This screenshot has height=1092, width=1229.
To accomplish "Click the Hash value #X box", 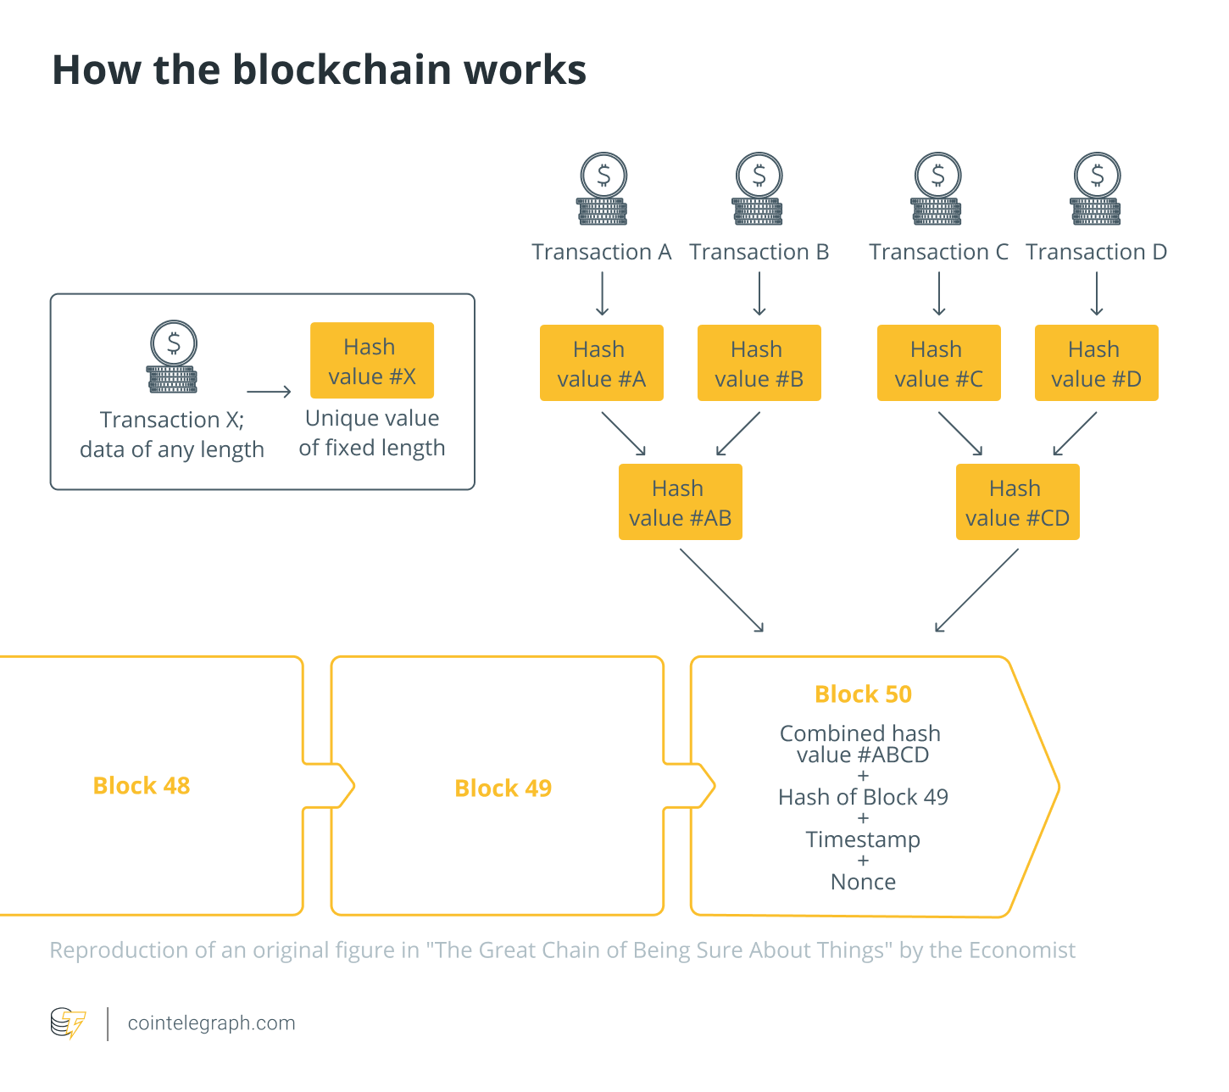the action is tap(372, 360).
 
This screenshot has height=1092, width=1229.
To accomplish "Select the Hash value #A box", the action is tap(601, 362).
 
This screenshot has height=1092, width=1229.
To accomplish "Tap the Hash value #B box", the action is tap(759, 362).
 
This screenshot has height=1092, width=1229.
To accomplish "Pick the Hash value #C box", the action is tap(938, 362).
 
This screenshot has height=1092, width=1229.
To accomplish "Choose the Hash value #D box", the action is tap(1096, 362).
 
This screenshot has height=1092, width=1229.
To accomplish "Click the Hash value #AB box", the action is tap(680, 501).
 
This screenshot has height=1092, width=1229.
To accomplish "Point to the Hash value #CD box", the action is tap(1017, 501).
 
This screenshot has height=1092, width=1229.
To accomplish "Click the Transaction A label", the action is tap(601, 251).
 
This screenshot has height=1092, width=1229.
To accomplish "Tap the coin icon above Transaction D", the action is tap(1096, 188).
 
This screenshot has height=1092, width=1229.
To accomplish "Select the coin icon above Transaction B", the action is tap(759, 188).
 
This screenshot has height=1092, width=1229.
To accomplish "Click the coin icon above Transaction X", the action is tap(173, 356).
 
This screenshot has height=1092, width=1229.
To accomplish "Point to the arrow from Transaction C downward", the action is tap(938, 293).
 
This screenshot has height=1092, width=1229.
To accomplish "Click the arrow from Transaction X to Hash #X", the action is tap(269, 392).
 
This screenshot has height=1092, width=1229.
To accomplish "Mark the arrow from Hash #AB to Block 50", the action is tap(721, 590).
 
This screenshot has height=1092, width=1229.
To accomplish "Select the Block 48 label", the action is tap(142, 785).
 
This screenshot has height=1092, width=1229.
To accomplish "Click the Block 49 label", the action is tap(503, 788).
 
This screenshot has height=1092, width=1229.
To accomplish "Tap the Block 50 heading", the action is tap(863, 694).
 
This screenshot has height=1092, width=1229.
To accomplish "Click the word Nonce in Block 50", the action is tap(863, 881).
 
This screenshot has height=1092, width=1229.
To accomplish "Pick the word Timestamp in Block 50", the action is tap(863, 839).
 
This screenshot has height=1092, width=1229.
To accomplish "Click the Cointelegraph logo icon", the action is tap(68, 1022).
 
